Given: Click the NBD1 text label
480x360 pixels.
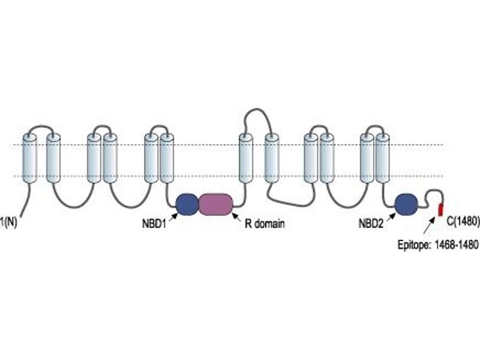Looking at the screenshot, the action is tap(154, 223).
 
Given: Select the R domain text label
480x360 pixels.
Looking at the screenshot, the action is tap(265, 223).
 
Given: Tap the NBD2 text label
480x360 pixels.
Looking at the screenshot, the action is tap(371, 224).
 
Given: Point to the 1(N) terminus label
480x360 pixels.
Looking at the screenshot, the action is tap(8, 222).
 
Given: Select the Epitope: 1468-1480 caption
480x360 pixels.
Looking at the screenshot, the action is tap(438, 245).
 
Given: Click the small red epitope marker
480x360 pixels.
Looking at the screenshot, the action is tap(441, 209).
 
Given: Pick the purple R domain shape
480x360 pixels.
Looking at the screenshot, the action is tap(216, 205).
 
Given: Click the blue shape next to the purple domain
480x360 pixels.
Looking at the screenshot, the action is tap(187, 205).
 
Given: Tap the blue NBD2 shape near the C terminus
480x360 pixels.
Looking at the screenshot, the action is tap(406, 205).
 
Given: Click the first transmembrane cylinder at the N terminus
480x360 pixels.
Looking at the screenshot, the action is tap(29, 159).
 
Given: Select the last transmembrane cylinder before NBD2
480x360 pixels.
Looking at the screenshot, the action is tap(383, 158).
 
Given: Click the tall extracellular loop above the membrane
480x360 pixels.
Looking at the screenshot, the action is tap(257, 114).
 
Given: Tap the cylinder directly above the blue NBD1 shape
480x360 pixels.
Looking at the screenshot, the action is tap(167, 158).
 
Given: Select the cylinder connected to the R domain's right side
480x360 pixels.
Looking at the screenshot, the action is tap(246, 158).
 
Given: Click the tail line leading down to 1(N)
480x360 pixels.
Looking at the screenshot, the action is tap(26, 199).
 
